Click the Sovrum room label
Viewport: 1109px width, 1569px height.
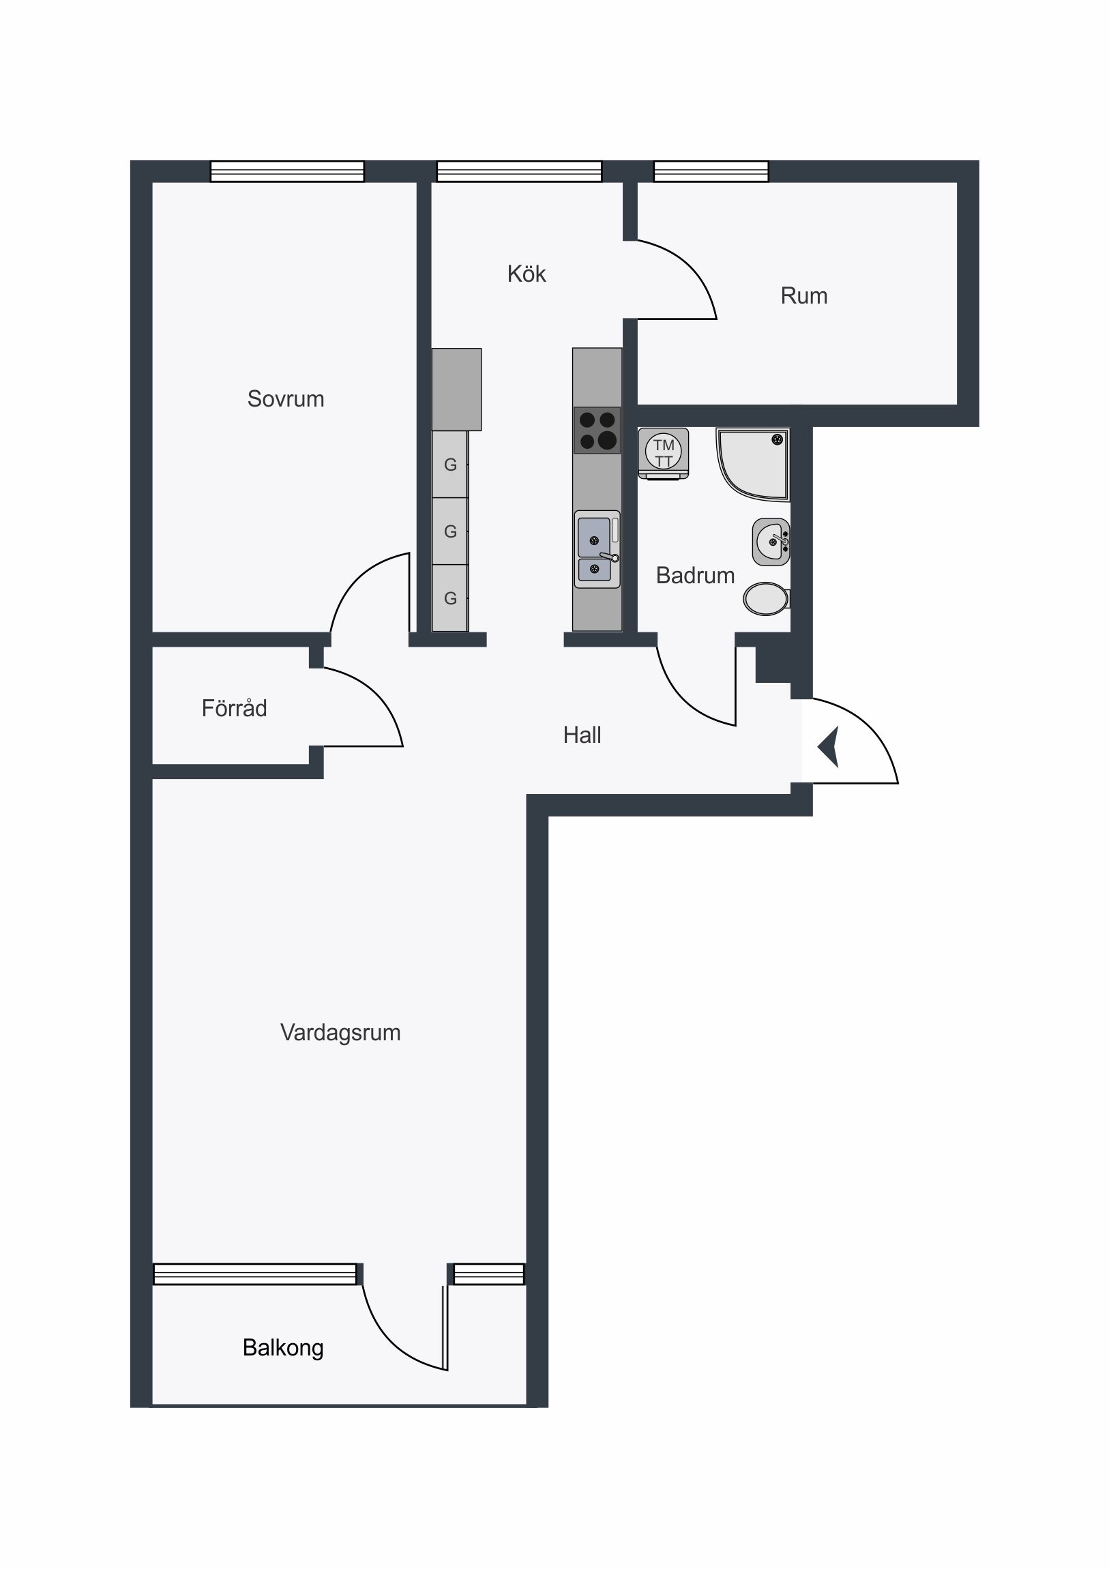tap(286, 398)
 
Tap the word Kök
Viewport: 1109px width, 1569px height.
tap(526, 274)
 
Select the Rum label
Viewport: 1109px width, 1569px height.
tap(804, 296)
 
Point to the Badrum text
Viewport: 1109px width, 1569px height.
tap(695, 575)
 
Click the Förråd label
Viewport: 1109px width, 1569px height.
tap(235, 708)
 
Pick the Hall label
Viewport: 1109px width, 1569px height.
tap(582, 735)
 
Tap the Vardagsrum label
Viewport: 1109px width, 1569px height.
tap(340, 1033)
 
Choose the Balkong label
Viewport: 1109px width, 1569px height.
tap(283, 1347)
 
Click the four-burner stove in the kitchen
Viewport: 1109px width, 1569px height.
tap(597, 430)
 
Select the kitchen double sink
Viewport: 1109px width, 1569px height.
tap(597, 549)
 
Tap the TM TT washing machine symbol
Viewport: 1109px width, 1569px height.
tap(664, 453)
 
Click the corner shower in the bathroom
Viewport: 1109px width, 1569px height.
tap(752, 464)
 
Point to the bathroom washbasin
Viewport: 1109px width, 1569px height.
tap(771, 542)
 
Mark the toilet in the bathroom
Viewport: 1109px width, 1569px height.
tap(767, 599)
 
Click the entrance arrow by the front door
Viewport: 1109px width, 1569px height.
tap(828, 747)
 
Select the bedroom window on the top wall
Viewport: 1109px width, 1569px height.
tap(287, 171)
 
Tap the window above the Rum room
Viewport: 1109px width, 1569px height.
tap(711, 171)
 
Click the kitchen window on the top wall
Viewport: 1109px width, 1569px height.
tap(519, 171)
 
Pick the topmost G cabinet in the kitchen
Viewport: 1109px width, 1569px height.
tap(450, 465)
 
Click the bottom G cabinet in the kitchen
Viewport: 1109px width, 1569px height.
tap(450, 598)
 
